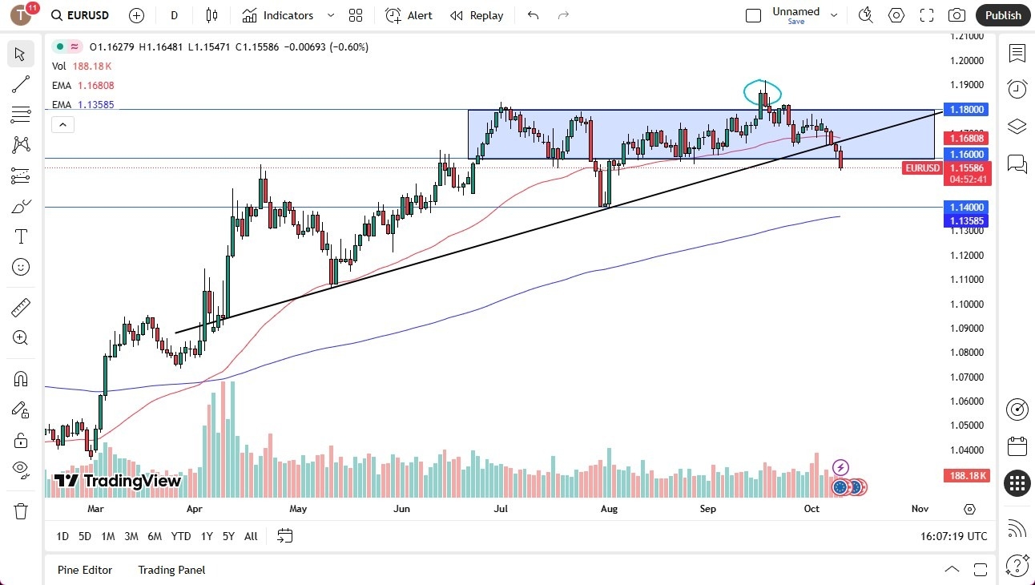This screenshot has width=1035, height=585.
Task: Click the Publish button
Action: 1002,15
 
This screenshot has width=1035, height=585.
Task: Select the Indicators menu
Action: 288,15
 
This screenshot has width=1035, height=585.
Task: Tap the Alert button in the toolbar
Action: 409,15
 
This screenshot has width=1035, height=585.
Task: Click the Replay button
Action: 477,15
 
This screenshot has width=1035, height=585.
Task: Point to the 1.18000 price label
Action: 966,109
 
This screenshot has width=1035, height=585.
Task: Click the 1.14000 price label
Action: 966,207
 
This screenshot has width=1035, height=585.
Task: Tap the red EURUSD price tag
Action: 921,168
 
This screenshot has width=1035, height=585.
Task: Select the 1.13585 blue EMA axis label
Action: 966,221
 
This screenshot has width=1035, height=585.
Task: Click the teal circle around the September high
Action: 762,93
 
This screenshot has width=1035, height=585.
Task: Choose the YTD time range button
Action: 181,536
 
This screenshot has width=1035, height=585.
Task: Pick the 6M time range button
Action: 155,536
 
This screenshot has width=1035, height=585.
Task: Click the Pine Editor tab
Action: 85,570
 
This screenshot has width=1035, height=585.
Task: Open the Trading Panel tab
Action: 171,570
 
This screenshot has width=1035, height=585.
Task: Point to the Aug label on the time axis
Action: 609,508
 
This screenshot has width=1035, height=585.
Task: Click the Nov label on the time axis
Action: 920,508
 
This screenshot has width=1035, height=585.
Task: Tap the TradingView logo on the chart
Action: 118,481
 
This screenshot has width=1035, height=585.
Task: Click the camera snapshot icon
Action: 956,15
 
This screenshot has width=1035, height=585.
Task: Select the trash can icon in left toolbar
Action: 21,510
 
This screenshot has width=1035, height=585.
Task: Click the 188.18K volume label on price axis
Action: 966,476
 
